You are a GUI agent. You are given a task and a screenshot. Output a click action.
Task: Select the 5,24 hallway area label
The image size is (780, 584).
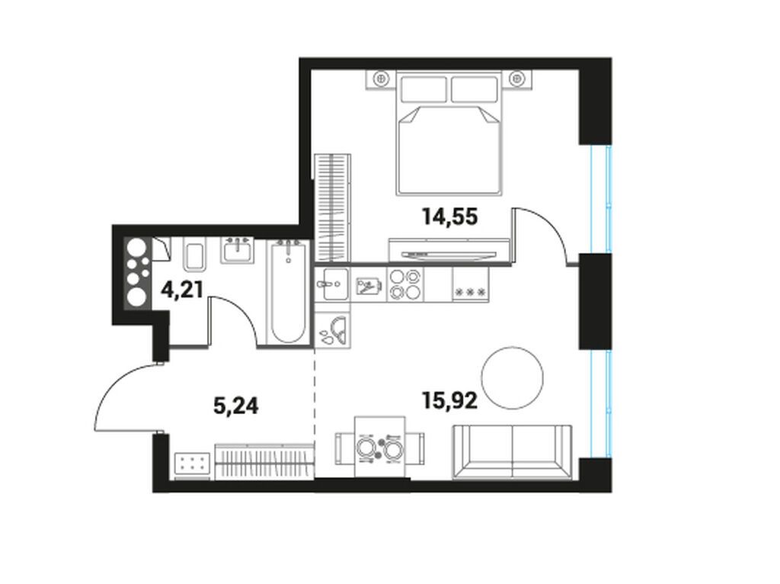[236, 406]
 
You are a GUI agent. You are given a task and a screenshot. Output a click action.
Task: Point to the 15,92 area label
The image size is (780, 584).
[449, 401]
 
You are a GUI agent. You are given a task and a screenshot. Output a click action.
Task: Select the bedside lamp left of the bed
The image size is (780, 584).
[382, 77]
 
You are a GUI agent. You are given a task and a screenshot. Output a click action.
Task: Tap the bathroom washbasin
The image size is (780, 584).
[238, 250]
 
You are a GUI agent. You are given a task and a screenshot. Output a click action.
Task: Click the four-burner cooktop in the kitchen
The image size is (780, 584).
[404, 284]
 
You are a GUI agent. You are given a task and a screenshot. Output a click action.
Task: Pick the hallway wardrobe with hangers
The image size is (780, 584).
[264, 461]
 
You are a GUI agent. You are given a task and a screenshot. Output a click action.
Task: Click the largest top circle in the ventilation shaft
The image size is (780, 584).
[137, 249]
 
